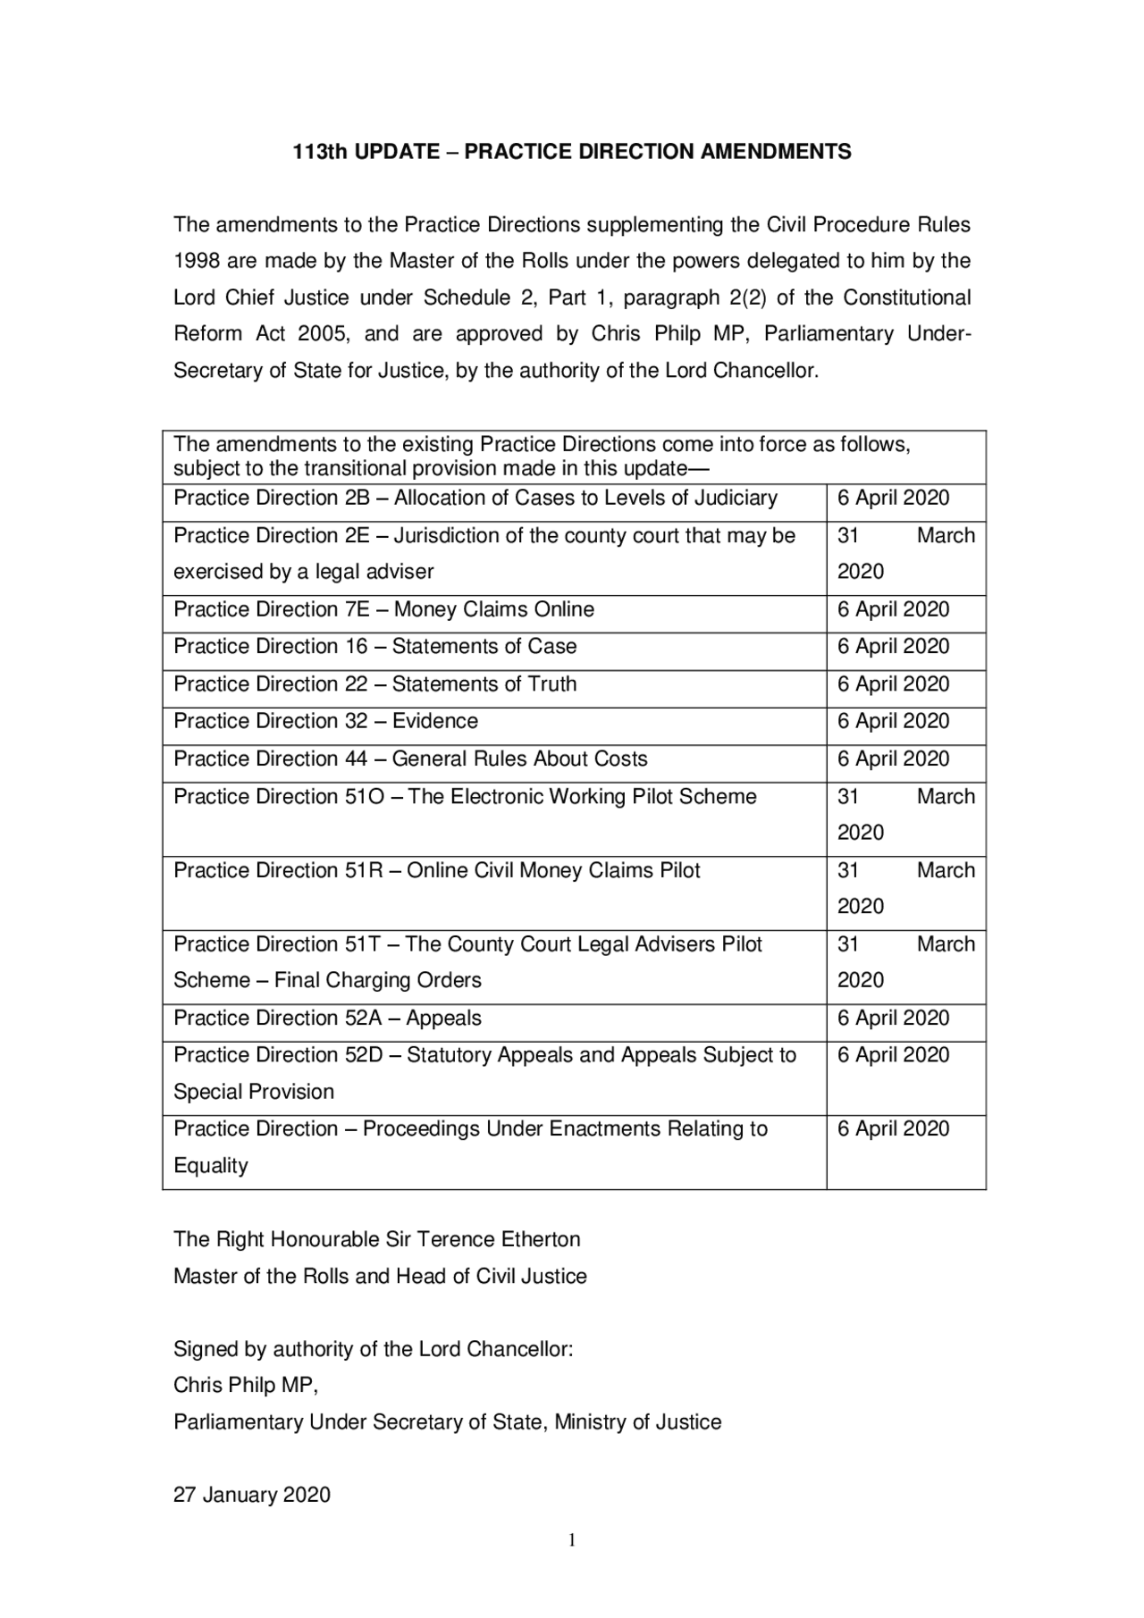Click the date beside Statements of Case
click(893, 647)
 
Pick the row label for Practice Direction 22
click(374, 684)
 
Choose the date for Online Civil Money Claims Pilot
click(904, 888)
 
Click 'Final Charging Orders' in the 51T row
click(378, 981)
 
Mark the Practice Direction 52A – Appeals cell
click(327, 1019)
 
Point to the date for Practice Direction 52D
click(893, 1055)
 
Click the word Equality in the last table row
click(211, 1166)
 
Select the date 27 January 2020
click(252, 1496)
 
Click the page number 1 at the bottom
click(572, 1540)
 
